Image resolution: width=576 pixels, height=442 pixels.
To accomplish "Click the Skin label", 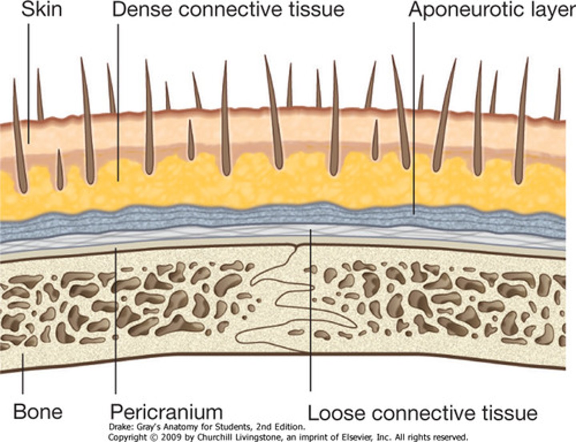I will [x=42, y=9].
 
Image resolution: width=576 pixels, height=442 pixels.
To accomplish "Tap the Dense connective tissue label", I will [x=228, y=9].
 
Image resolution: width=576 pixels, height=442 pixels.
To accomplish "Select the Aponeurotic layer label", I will [x=492, y=10].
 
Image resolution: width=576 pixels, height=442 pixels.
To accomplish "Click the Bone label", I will [x=38, y=411].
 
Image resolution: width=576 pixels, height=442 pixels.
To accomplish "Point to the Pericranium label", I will [x=166, y=411].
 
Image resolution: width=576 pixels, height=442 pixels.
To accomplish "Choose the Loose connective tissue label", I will [x=422, y=413].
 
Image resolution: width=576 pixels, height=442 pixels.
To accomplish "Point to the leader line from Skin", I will [x=28, y=80].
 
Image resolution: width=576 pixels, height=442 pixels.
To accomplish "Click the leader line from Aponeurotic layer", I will [x=414, y=120].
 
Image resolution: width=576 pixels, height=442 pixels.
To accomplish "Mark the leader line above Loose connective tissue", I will [x=310, y=320].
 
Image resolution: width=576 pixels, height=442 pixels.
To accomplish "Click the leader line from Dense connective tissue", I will [x=118, y=100].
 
